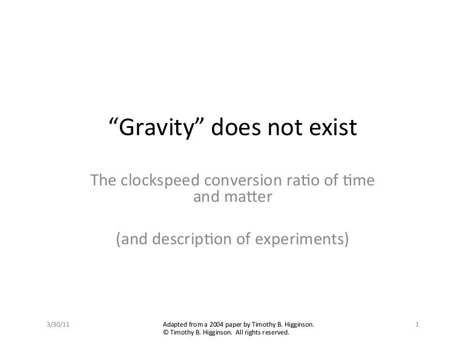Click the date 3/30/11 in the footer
coord(58,325)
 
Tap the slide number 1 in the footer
coord(417,325)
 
